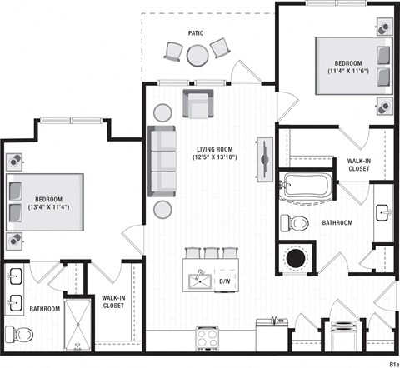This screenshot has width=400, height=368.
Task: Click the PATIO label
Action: coord(196,33)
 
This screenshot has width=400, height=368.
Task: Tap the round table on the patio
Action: coord(197,55)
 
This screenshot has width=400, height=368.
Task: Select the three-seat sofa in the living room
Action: coord(162,161)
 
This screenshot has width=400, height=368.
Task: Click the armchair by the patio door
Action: coord(197,105)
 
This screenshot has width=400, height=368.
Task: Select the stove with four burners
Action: coord(207,337)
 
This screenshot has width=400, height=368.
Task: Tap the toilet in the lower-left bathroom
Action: coord(20,335)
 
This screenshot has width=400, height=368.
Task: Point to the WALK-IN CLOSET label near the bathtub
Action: coord(358,164)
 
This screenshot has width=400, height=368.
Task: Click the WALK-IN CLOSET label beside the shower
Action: coord(113,301)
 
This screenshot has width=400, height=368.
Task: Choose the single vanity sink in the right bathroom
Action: coord(384,211)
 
